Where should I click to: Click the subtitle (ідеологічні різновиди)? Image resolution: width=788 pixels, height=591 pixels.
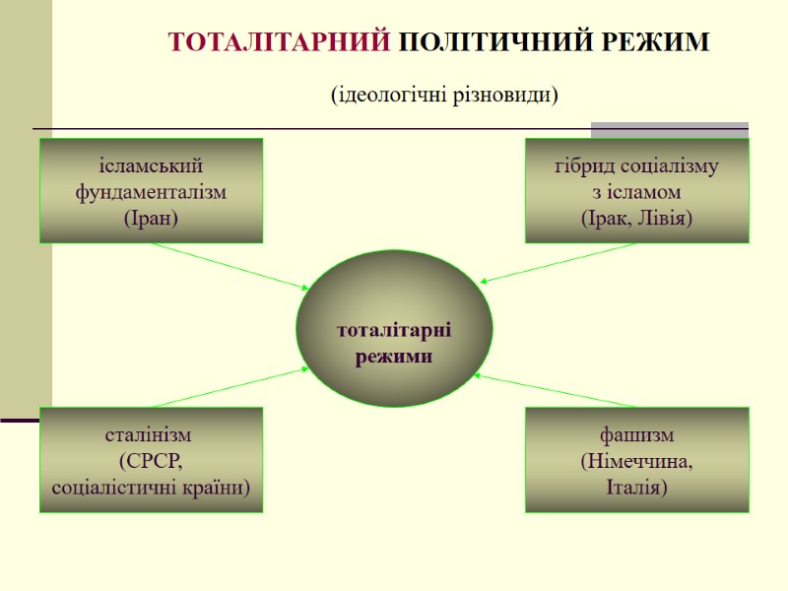443,95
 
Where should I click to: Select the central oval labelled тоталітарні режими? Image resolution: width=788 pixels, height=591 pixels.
394,329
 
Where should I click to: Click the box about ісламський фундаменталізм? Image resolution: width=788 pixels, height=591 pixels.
151,190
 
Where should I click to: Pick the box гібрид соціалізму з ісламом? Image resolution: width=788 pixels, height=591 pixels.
636,190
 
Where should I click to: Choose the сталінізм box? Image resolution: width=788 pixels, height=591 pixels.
151,460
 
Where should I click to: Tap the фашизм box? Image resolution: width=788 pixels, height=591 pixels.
636,460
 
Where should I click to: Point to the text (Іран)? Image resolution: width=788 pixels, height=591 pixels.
151,218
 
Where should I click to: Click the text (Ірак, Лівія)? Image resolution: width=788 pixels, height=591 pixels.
636,218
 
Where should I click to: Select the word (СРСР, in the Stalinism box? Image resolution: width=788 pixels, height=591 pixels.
151,460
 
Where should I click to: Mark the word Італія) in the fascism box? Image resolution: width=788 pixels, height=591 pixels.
636,487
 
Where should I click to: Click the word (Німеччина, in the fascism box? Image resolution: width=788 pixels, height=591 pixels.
636,460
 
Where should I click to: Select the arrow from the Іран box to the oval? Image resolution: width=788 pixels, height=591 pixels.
231,266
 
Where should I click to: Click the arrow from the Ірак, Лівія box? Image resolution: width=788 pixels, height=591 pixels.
558,263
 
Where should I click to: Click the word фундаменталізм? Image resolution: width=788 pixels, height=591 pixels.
151,191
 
